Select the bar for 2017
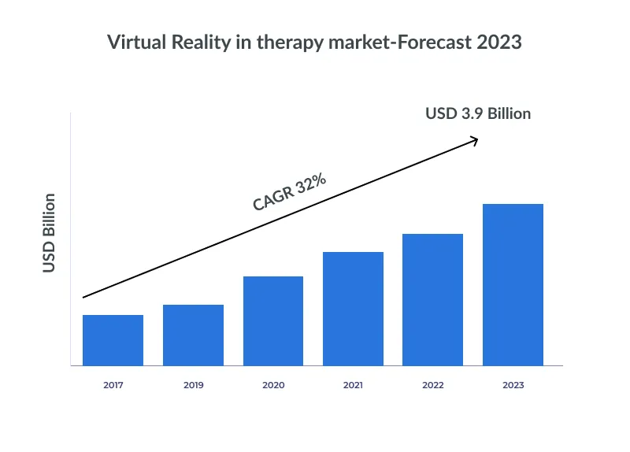coord(113,340)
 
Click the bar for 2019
coord(193,335)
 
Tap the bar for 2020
coord(273,320)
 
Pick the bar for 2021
coord(353,309)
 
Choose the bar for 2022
coord(432,299)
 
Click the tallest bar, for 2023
coord(513,284)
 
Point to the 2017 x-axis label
coord(113,385)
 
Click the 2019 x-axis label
coord(193,385)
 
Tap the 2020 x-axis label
coord(273,385)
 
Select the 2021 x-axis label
coord(353,385)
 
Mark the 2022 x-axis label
coord(432,385)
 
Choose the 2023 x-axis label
coord(513,385)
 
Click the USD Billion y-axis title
coord(49,232)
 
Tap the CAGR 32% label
coord(289,191)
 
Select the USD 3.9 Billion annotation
coord(478,113)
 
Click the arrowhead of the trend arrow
coord(474,140)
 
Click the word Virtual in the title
coord(133,43)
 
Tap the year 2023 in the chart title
coord(499,43)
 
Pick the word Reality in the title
coord(198,43)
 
